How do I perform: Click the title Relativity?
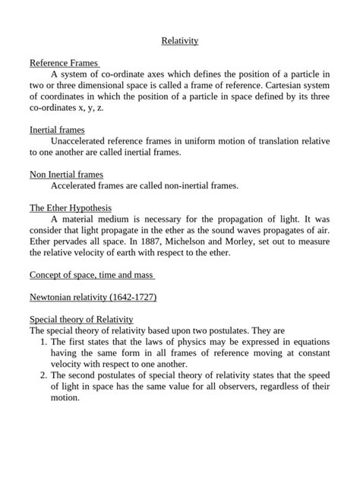[180, 40]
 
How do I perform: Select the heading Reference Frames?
[65, 63]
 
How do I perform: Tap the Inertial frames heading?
[57, 130]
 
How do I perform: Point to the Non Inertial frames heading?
[66, 174]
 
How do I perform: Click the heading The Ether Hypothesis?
[71, 207]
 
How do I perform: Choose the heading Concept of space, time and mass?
[92, 274]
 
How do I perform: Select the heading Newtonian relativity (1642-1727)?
[93, 297]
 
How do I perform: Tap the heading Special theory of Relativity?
[81, 320]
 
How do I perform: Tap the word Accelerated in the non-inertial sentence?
[77, 185]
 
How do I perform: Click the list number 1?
[43, 343]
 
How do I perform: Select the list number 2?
[43, 375]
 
